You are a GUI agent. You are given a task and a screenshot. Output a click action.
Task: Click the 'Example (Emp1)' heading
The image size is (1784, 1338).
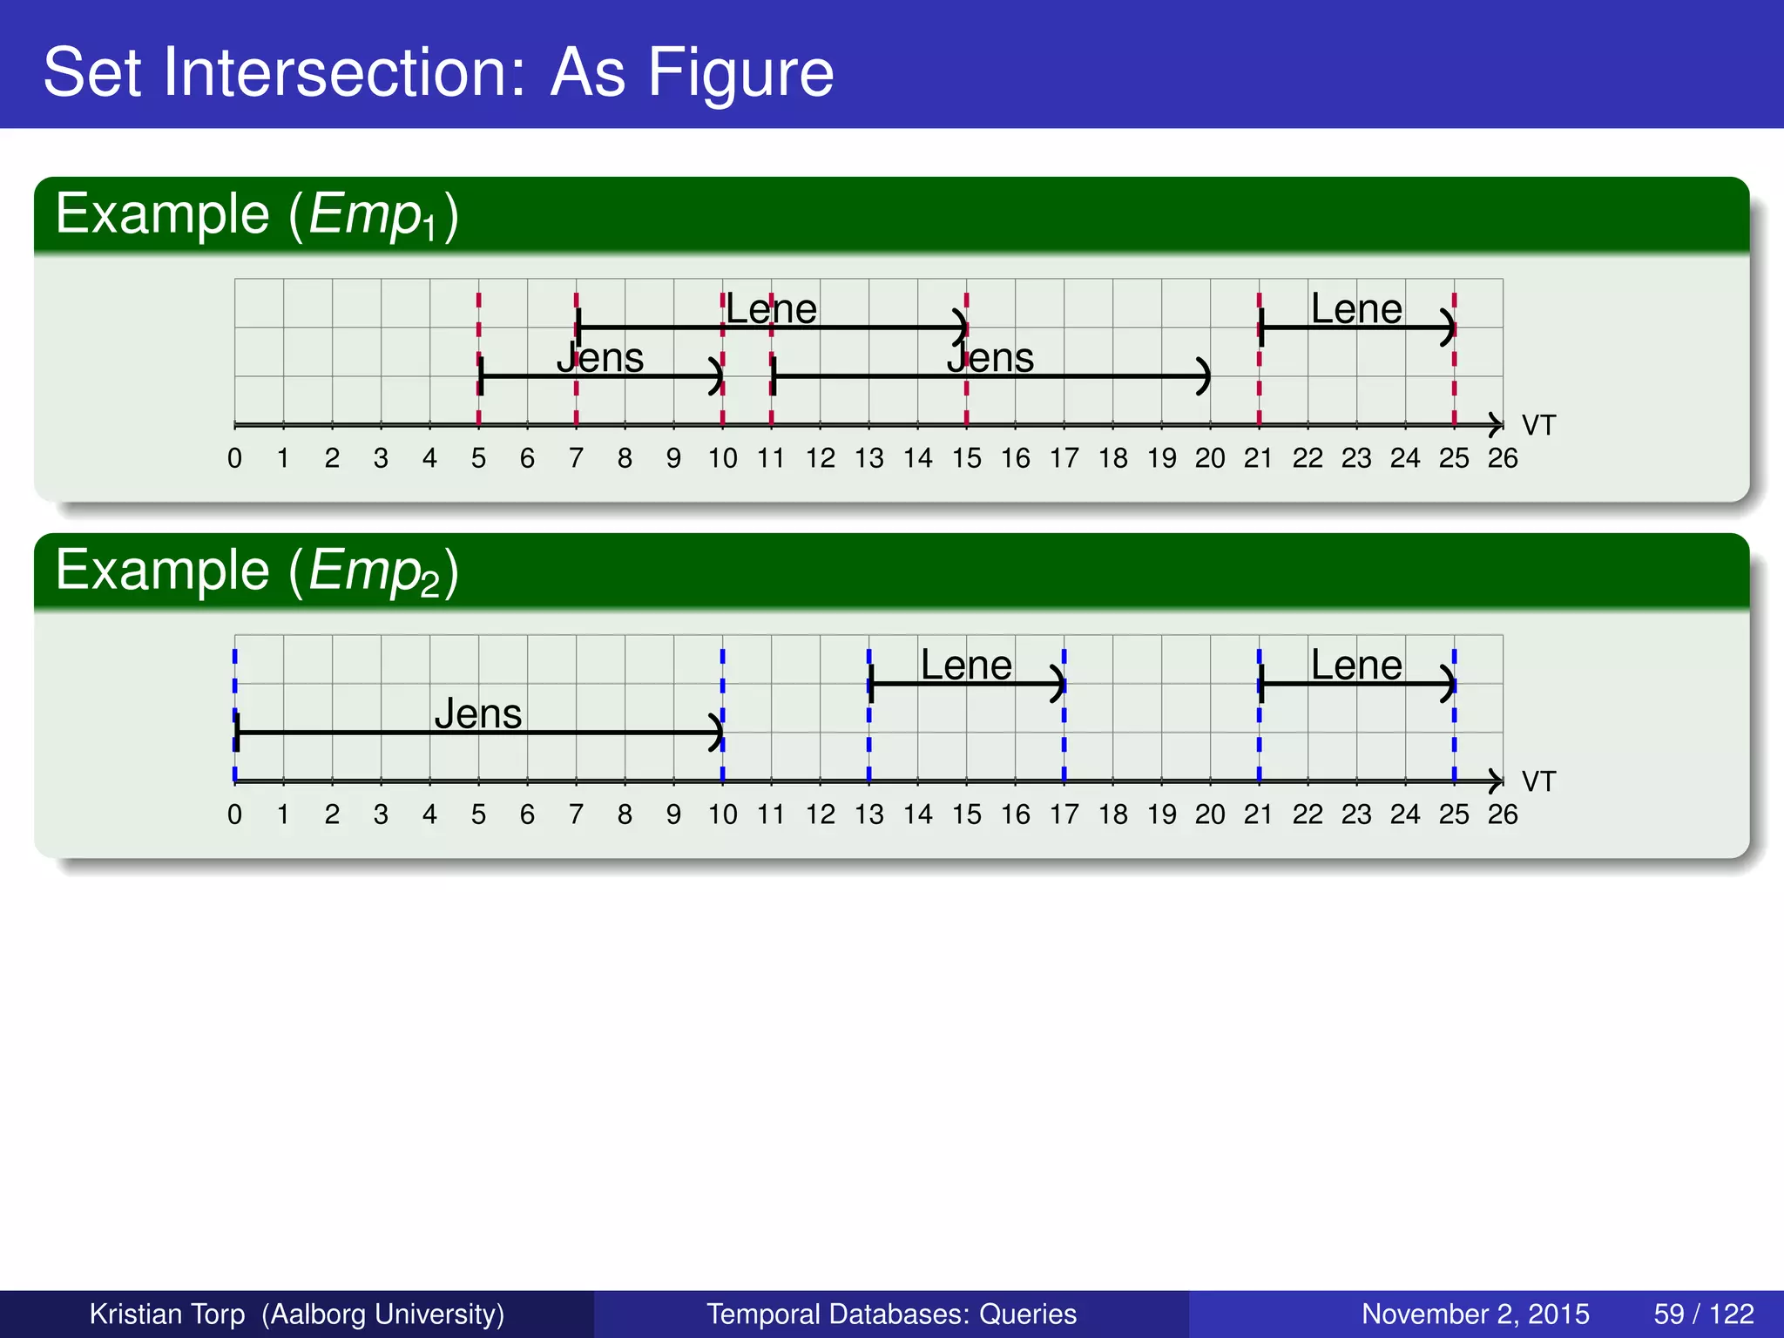pyautogui.click(x=256, y=214)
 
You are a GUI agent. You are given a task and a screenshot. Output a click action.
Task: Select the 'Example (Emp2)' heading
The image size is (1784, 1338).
pyautogui.click(x=256, y=571)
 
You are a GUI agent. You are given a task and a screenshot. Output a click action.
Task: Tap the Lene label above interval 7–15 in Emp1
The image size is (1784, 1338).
pyautogui.click(x=771, y=309)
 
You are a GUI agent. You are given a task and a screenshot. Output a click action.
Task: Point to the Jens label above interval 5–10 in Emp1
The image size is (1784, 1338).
pyautogui.click(x=600, y=358)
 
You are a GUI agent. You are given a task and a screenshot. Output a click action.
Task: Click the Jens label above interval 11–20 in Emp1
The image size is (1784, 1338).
pyautogui.click(x=990, y=358)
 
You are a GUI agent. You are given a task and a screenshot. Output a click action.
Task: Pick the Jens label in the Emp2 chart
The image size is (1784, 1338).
pyautogui.click(x=478, y=714)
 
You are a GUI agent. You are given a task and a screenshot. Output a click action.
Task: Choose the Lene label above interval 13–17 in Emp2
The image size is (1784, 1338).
pyautogui.click(x=966, y=666)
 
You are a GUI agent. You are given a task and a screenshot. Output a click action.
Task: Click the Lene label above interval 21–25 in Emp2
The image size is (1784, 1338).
pyautogui.click(x=1356, y=666)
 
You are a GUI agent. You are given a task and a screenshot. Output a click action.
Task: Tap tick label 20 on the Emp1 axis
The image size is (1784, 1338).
pyautogui.click(x=1210, y=458)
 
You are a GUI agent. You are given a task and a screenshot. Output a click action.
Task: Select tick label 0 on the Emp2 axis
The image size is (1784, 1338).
pyautogui.click(x=234, y=814)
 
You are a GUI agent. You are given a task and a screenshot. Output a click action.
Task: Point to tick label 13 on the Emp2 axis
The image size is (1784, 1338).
pyautogui.click(x=868, y=814)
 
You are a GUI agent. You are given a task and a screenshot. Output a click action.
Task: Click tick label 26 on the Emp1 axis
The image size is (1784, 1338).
pyautogui.click(x=1503, y=458)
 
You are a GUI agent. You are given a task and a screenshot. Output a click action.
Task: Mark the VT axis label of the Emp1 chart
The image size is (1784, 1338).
pyautogui.click(x=1538, y=425)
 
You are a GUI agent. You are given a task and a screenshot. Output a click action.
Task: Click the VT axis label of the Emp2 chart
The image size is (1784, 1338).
pyautogui.click(x=1538, y=781)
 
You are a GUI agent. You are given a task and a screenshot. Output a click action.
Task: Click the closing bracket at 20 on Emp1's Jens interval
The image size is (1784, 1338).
pyautogui.click(x=1204, y=376)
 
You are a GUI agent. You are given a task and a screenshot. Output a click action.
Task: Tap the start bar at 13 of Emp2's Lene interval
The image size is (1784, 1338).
pyautogui.click(x=870, y=685)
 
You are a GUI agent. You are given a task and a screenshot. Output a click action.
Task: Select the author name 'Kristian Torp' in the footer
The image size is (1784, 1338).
pyautogui.click(x=167, y=1314)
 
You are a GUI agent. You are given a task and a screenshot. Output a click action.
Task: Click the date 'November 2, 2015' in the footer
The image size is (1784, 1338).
pyautogui.click(x=1475, y=1314)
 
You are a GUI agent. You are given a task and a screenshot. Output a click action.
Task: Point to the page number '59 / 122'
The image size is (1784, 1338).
pyautogui.click(x=1704, y=1314)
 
